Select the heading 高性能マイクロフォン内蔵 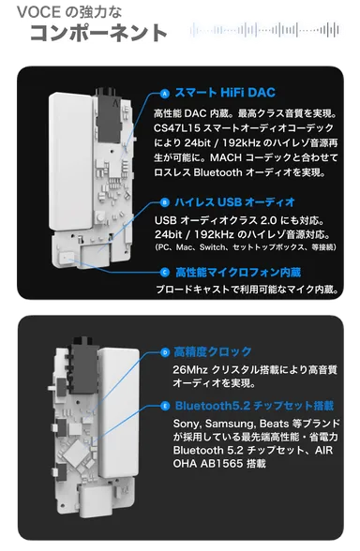pos(237,272)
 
